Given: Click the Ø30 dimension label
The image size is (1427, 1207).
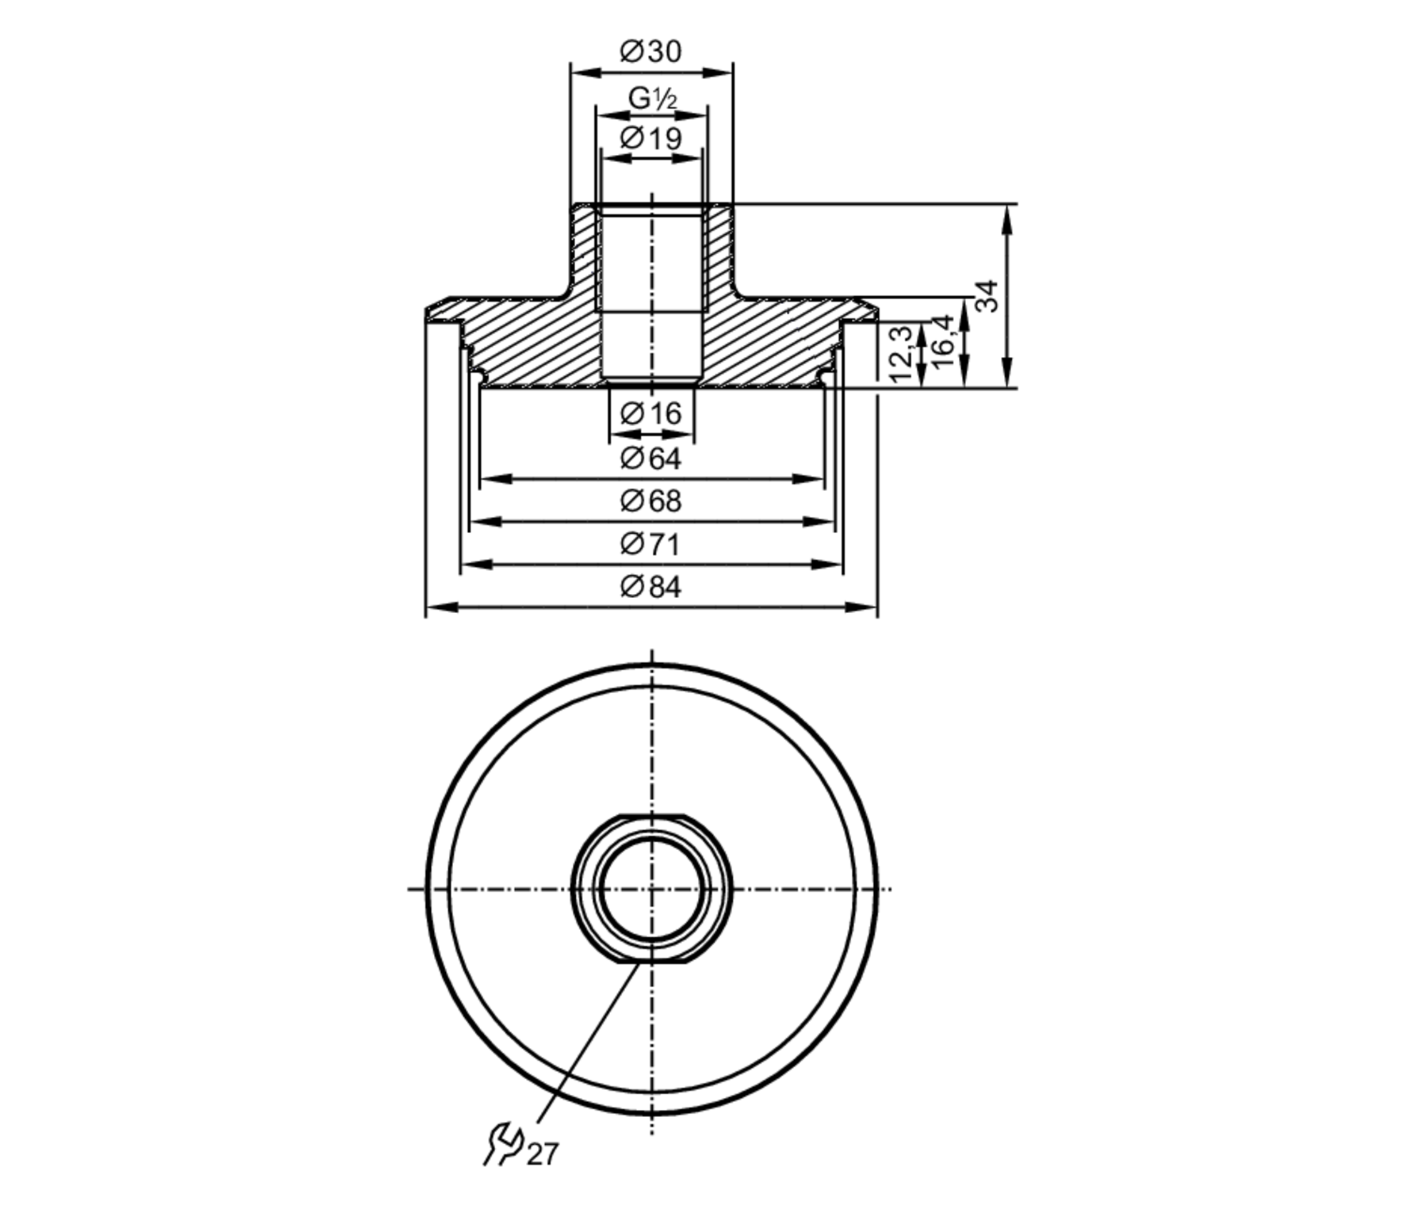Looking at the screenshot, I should [x=651, y=51].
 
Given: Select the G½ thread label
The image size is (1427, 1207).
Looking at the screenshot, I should [x=651, y=99].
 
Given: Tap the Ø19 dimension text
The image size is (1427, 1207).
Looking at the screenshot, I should [x=651, y=138].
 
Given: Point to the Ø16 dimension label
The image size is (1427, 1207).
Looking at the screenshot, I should [x=651, y=413].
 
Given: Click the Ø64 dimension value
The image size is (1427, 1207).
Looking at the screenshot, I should [x=651, y=458].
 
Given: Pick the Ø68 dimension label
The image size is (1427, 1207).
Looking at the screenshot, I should [x=651, y=501].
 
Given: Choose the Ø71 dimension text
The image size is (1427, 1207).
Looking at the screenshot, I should [x=651, y=545].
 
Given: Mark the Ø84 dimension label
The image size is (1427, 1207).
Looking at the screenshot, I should [x=651, y=587].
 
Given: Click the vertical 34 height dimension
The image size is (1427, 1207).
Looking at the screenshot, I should [x=987, y=296].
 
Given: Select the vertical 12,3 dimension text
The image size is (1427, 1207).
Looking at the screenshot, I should [x=901, y=354].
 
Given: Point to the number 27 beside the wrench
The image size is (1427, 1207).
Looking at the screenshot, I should [x=542, y=1174].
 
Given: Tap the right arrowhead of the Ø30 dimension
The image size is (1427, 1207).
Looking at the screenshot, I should [x=722, y=73].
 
